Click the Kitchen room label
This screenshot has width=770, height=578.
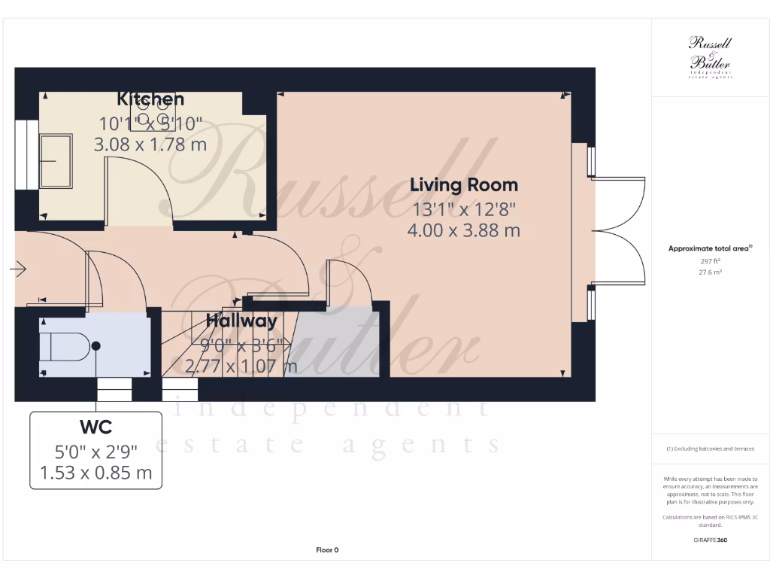(x=150, y=99)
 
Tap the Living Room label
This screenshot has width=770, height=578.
(x=463, y=184)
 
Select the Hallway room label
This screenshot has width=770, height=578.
(x=241, y=321)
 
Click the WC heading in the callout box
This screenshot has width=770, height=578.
(x=96, y=427)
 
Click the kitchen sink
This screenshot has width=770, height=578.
(x=56, y=161)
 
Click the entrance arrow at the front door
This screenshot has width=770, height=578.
(x=19, y=269)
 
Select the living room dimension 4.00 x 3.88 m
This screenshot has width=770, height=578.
(x=463, y=230)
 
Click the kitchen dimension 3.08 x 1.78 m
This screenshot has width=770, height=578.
(x=150, y=144)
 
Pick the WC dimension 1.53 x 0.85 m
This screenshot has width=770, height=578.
(x=96, y=473)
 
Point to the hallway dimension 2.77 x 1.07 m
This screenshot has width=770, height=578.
(x=241, y=367)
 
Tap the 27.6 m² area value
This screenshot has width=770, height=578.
(x=711, y=272)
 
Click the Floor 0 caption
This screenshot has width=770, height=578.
(x=327, y=550)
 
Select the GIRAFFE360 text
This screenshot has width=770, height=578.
(x=711, y=540)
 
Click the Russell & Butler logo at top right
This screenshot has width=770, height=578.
(x=711, y=57)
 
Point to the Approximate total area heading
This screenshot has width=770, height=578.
(x=710, y=248)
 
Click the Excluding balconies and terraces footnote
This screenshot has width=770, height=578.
(x=711, y=449)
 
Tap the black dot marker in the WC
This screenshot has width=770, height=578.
(x=95, y=345)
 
